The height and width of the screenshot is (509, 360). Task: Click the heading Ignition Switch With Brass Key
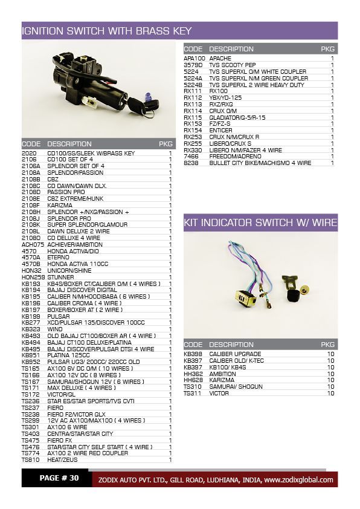[x=106, y=31]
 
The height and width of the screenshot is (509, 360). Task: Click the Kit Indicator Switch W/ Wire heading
[x=260, y=222]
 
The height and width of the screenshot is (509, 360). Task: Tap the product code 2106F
[x=30, y=205]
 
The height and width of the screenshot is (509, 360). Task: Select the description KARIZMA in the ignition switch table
[x=59, y=205]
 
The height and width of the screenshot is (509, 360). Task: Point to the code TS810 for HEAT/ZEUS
[x=30, y=459]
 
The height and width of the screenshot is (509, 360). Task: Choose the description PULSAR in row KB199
[x=58, y=316]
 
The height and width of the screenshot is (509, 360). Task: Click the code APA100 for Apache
[x=194, y=58]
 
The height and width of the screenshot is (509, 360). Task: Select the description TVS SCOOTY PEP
[x=233, y=65]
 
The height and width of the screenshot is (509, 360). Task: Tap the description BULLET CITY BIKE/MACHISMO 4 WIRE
[x=260, y=163]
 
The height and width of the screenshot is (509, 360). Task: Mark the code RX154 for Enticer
[x=193, y=130]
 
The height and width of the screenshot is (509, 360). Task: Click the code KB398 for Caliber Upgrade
[x=193, y=354]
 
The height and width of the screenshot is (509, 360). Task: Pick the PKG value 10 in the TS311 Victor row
[x=330, y=393]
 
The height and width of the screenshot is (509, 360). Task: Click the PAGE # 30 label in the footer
[x=59, y=478]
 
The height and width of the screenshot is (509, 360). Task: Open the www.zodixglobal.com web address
[x=298, y=480]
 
